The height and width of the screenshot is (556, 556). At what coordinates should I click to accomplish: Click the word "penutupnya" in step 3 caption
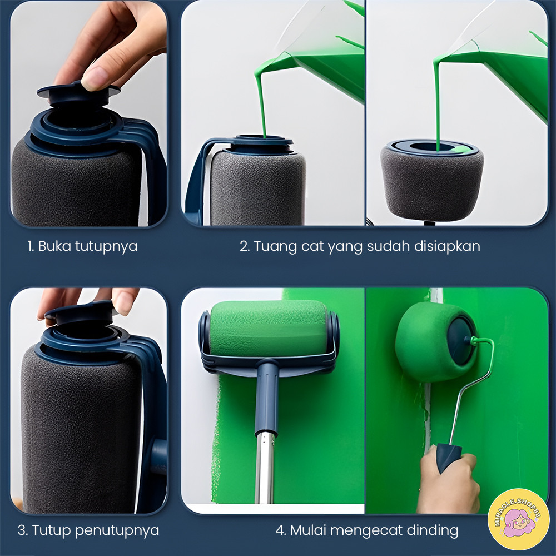pyautogui.click(x=117, y=531)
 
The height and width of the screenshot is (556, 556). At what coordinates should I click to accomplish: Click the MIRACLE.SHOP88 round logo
pyautogui.click(x=518, y=519)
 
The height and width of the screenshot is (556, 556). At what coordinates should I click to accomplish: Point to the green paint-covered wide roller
pyautogui.click(x=269, y=329)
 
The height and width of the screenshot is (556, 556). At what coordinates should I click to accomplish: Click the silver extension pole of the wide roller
pyautogui.click(x=265, y=468)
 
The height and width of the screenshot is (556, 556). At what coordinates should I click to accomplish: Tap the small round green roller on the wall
pyautogui.click(x=434, y=341)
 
